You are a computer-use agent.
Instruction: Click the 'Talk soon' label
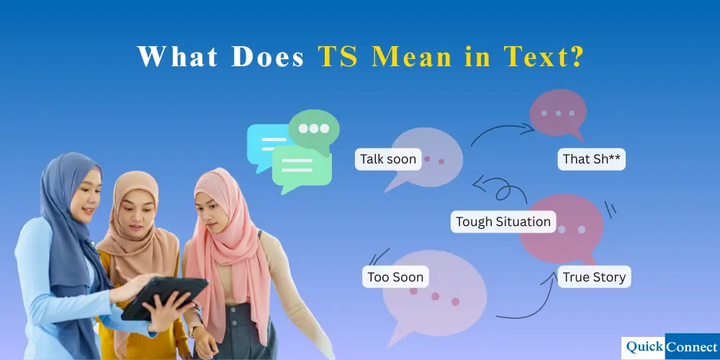[388, 159]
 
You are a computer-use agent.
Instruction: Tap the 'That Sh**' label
[591, 159]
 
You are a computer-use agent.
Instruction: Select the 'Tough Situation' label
[503, 222]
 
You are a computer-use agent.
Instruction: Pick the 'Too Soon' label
[395, 277]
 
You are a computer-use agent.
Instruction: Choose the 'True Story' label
[594, 277]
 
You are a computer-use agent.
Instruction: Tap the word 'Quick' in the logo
[644, 347]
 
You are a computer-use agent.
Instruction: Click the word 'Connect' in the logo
[691, 347]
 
